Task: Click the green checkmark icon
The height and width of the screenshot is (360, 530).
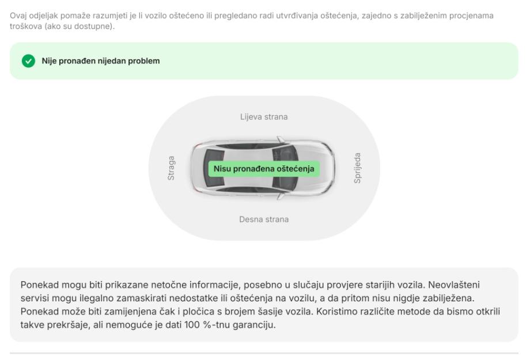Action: [28, 61]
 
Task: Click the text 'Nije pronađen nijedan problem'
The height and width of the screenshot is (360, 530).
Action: [100, 61]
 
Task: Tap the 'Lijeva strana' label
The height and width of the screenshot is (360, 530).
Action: [264, 117]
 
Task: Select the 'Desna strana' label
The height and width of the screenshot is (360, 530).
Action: [264, 219]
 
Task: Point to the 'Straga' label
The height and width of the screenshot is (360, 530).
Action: [171, 168]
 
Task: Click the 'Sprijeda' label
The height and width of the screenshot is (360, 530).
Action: [357, 168]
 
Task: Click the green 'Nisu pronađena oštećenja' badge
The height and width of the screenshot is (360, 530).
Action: [264, 169]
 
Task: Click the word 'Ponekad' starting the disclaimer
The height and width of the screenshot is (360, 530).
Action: [39, 285]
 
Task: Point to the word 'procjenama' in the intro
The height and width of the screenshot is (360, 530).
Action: [472, 16]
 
